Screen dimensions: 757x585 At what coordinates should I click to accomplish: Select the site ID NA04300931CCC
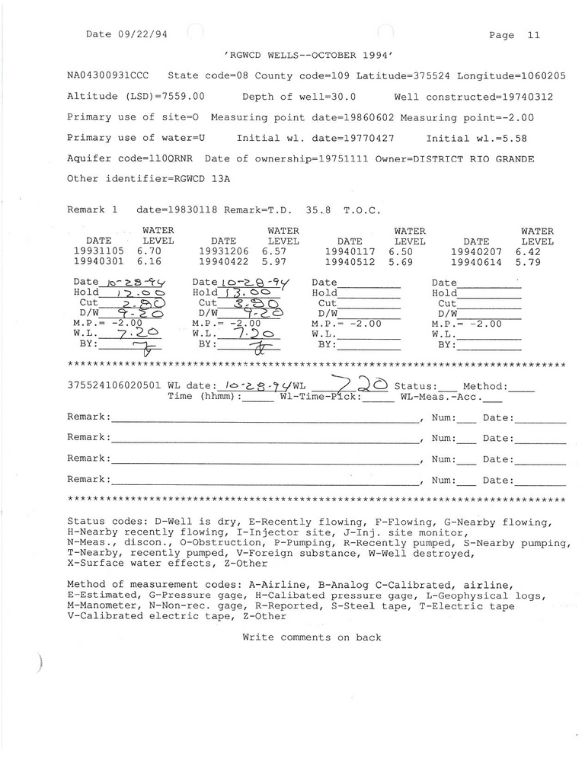tap(108, 76)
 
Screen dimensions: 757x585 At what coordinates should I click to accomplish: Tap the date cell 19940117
tap(350, 250)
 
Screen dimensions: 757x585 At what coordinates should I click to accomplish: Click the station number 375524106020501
tap(113, 386)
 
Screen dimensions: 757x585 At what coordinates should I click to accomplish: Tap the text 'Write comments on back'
tap(312, 637)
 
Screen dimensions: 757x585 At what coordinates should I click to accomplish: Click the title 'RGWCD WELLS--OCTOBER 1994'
tap(308, 56)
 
